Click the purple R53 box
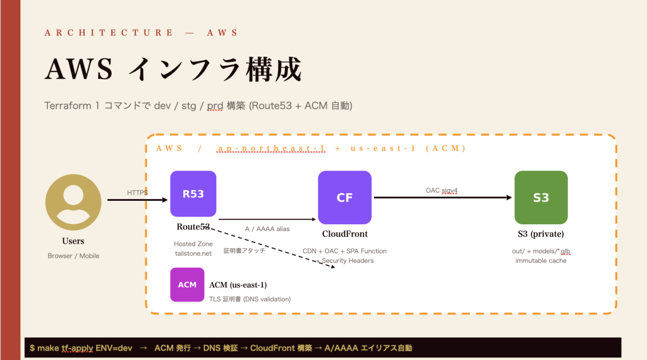[193, 194]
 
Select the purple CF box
[344, 198]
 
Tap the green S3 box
[541, 198]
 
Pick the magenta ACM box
[187, 285]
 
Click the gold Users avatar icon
[73, 202]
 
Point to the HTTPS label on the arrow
[137, 193]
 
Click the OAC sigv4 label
[442, 190]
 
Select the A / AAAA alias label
[267, 229]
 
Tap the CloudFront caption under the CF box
[345, 234]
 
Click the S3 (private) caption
[541, 234]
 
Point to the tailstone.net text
[193, 253]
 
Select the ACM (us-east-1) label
[238, 285]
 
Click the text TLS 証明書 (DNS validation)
[250, 299]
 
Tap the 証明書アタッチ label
[245, 250]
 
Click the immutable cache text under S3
[541, 261]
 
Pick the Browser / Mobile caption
[73, 256]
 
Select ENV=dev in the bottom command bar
[114, 348]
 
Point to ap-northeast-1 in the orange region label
[272, 148]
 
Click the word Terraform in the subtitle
[68, 105]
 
